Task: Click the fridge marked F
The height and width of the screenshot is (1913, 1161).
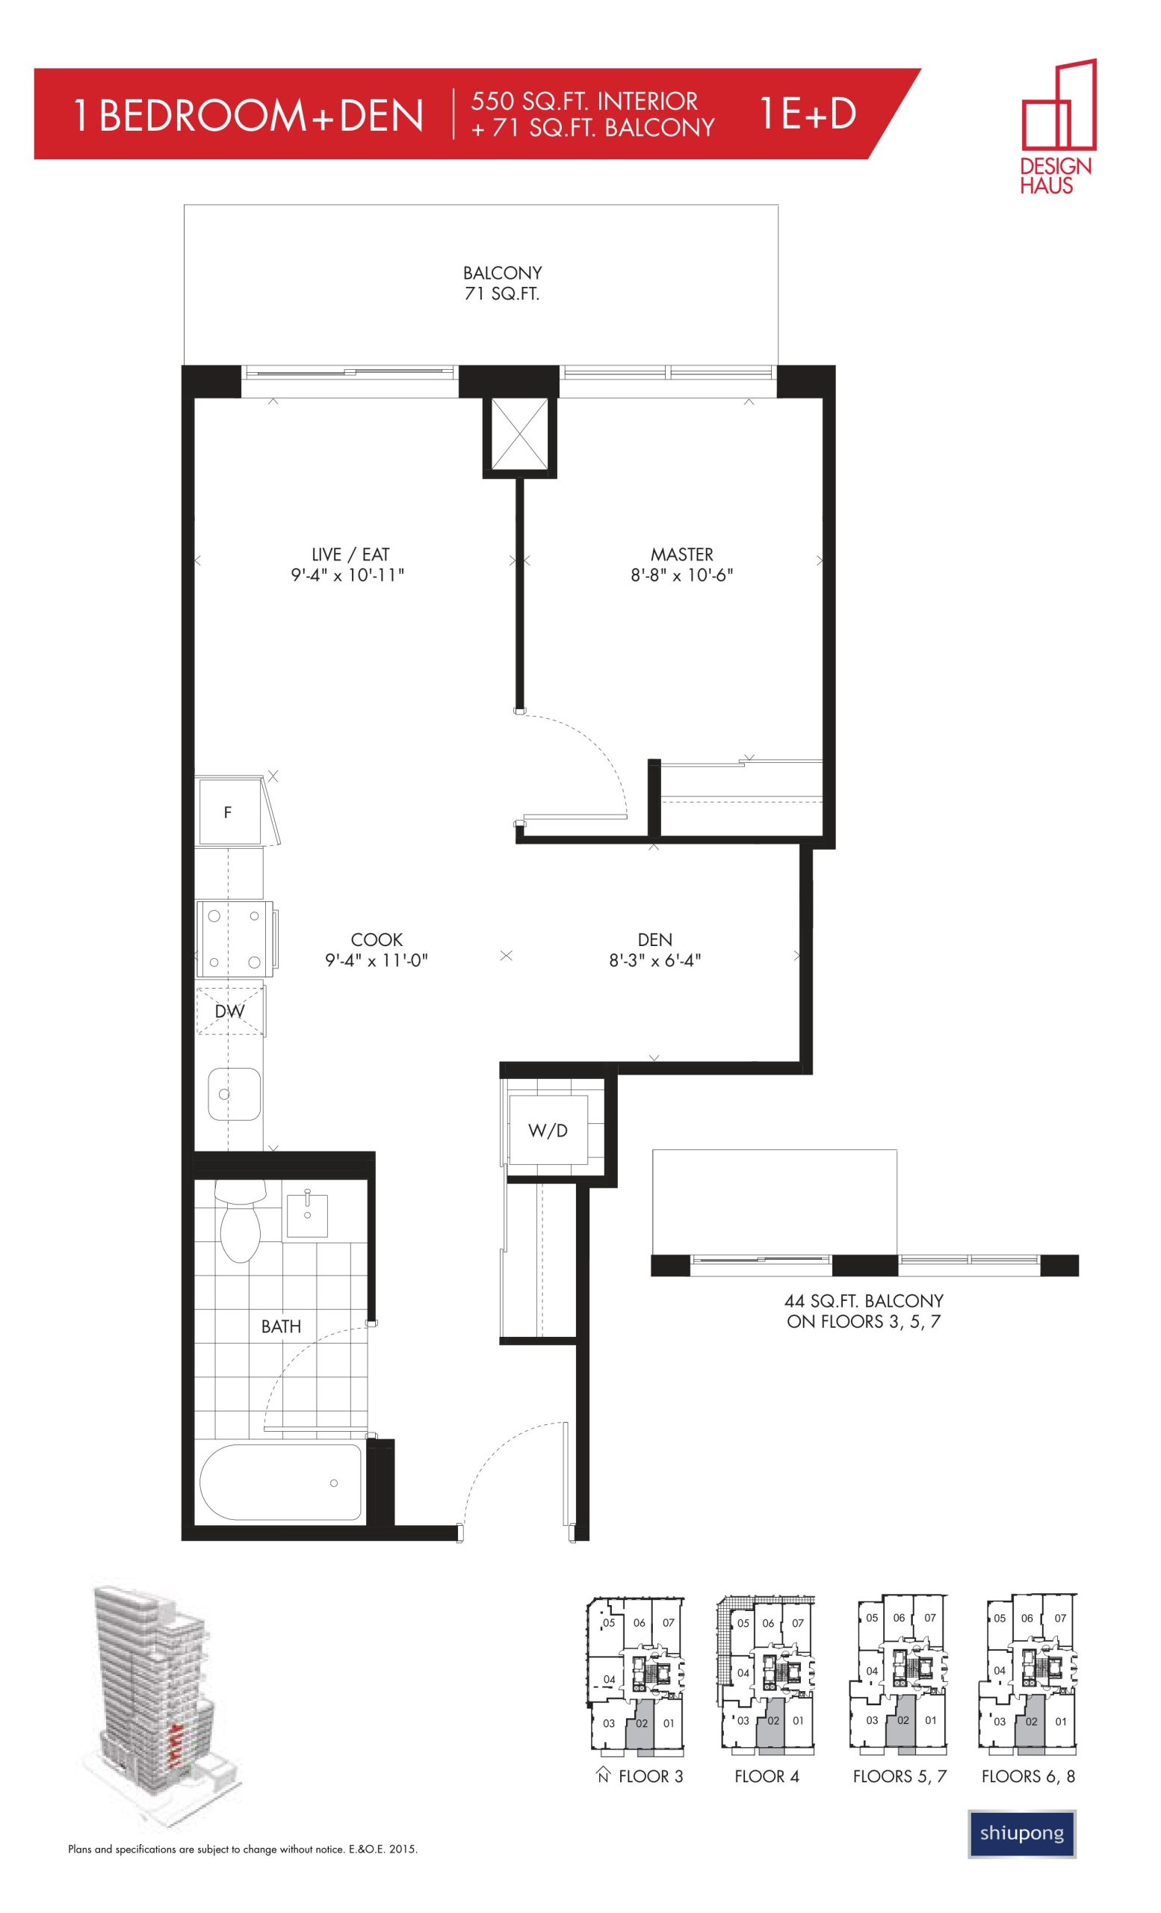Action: coord(229,812)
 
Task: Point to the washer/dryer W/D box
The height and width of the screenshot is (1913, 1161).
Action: coord(548,1131)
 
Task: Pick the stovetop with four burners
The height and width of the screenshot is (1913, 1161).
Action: coord(235,939)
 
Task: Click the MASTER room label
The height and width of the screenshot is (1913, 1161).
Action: coord(681,554)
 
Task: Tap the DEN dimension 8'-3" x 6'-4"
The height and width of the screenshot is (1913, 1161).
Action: coord(655,959)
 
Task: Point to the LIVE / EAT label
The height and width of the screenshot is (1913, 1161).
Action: coord(350,554)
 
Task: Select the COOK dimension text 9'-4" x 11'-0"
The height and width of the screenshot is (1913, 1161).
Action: coord(377,959)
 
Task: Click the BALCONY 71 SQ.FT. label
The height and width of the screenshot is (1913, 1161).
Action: coord(502,283)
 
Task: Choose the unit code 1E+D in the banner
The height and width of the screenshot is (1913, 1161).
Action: coord(807,114)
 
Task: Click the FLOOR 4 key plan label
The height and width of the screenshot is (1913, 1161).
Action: coord(767,1776)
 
